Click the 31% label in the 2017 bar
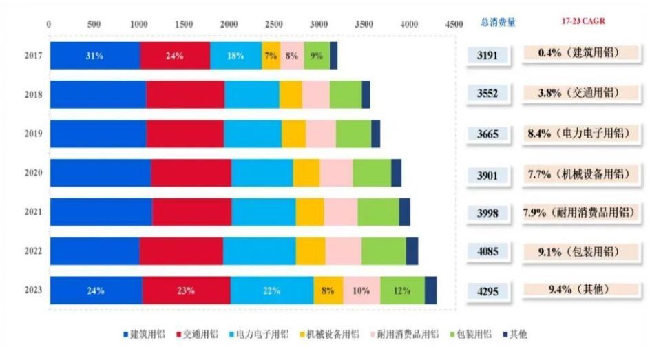coord(94,56)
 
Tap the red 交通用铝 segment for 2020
coord(191,173)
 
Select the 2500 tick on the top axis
coord(273,23)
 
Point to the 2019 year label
coord(33,134)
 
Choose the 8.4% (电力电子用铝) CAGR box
coord(582,134)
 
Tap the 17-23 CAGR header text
coord(582,21)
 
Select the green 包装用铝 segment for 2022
coord(383,251)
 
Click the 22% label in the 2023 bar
coord(272,290)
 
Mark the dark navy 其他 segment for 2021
coord(404,212)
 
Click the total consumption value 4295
coord(492,291)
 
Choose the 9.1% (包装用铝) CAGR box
coord(582,251)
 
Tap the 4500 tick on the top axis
coord(454,23)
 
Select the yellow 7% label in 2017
coord(271,56)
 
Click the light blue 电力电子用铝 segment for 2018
coord(251,95)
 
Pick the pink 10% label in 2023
coord(361,290)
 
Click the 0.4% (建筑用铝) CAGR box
coord(582,54)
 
